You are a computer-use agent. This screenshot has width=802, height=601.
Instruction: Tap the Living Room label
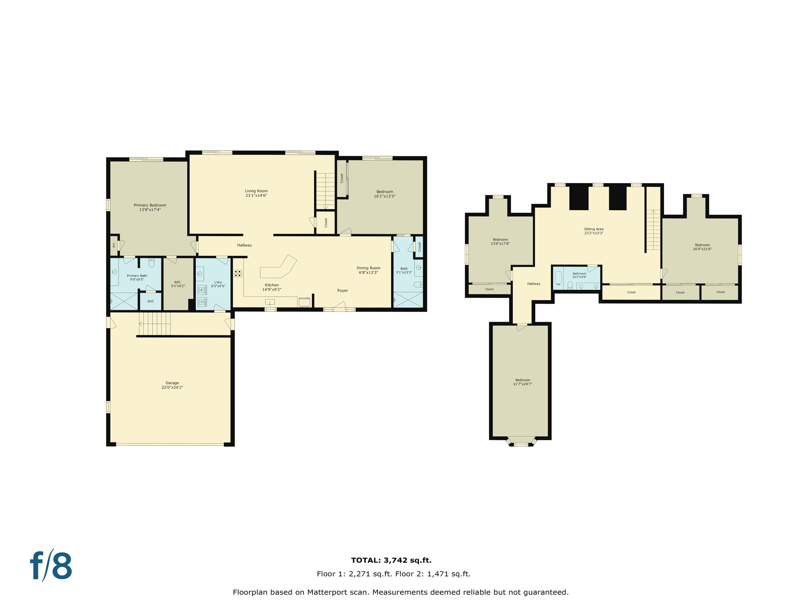(256, 191)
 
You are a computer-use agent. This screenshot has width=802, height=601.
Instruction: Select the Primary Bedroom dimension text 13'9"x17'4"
(150, 210)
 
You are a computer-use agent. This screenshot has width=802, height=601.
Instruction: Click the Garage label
(172, 383)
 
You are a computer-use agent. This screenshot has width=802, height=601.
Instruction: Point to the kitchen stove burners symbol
(238, 273)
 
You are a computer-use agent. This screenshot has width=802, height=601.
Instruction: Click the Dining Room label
(368, 268)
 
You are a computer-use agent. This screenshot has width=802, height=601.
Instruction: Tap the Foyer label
(342, 290)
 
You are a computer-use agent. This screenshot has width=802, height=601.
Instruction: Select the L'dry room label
(218, 282)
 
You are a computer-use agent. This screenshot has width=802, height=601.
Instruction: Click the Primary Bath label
(137, 275)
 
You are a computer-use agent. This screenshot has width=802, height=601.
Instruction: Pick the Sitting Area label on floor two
(594, 229)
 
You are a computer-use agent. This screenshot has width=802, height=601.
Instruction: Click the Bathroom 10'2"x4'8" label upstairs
(579, 274)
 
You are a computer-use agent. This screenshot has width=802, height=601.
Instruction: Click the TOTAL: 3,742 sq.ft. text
(391, 560)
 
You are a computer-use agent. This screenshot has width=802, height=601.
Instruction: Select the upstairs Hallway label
(533, 284)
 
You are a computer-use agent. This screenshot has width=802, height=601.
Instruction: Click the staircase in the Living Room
(325, 191)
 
